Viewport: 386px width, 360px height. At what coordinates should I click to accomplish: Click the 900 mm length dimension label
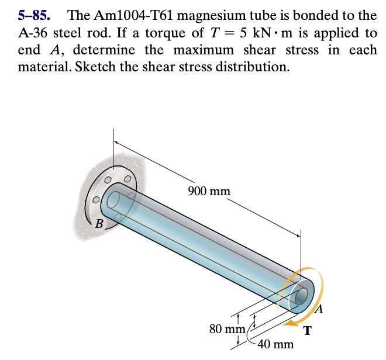(209, 191)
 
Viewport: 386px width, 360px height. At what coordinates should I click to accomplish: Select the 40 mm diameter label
(275, 344)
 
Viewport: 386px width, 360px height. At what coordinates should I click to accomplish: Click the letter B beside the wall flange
(99, 224)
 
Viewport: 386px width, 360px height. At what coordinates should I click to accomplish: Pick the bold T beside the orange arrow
(308, 331)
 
